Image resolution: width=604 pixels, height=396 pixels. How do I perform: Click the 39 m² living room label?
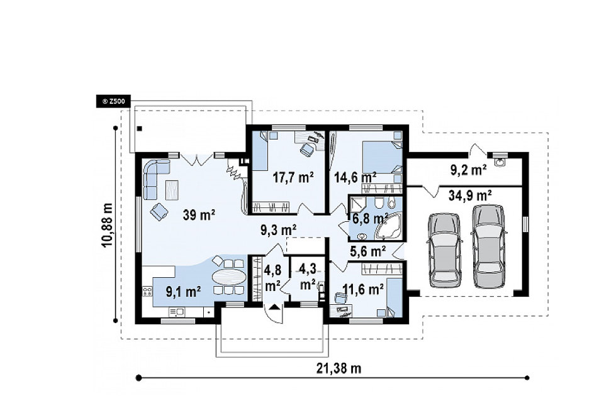pyautogui.click(x=199, y=215)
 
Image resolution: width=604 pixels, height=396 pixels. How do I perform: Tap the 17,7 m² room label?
pyautogui.click(x=293, y=177)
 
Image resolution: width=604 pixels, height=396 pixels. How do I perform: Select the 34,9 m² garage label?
pyautogui.click(x=470, y=195)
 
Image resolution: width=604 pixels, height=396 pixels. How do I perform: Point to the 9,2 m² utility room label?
pyautogui.click(x=468, y=170)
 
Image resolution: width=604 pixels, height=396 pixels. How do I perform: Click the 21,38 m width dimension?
pyautogui.click(x=339, y=368)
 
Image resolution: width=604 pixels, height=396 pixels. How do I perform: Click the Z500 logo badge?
pyautogui.click(x=113, y=102)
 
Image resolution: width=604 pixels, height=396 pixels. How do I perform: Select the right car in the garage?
pyautogui.click(x=488, y=246)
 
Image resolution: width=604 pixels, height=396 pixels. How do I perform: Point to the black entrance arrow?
pyautogui.click(x=274, y=307)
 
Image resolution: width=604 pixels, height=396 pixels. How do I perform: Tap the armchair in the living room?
pyautogui.click(x=159, y=211)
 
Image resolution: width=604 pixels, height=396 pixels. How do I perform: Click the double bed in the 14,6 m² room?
pyautogui.click(x=382, y=158)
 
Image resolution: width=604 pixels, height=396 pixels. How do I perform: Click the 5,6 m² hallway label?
pyautogui.click(x=368, y=251)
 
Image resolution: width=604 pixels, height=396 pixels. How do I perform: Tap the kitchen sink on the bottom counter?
pyautogui.click(x=177, y=312)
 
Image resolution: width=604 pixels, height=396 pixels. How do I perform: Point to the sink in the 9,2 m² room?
pyautogui.click(x=500, y=162)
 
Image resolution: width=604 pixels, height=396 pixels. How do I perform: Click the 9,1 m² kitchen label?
pyautogui.click(x=183, y=292)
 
